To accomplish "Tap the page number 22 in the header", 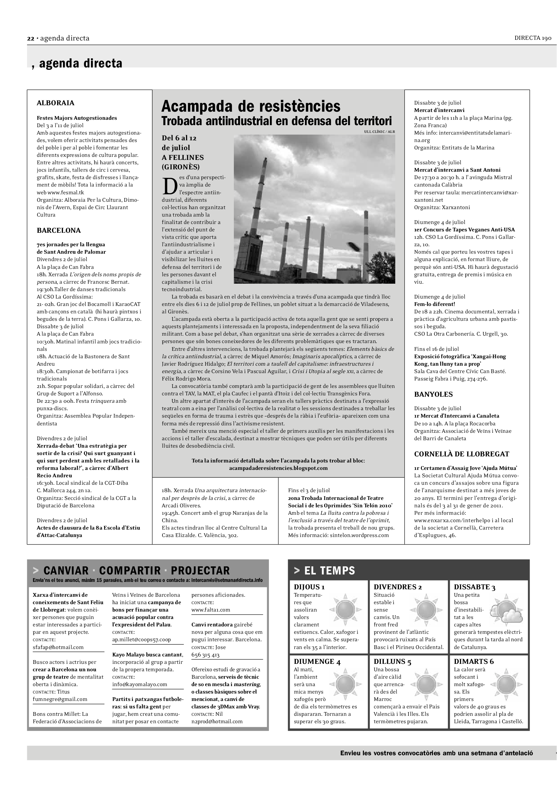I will pos(31,38).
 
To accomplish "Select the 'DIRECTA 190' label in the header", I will pos(533,38).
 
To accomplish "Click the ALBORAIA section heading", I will pos(56,103).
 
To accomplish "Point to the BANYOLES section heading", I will pos(433,395).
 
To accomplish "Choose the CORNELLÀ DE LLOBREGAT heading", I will pos(461,454).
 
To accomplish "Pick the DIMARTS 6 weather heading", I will pos(474,661).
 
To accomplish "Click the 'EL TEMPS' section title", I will pos(329,570).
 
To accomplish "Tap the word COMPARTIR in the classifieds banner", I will pos(130,570).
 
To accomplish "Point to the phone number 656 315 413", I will pos(206,655).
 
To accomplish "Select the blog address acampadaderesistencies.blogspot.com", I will pos(278,468).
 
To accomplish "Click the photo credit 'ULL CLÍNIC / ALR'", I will pos(379,132).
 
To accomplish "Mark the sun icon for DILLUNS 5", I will pos(426,684).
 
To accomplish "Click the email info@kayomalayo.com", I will pos(140,684).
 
